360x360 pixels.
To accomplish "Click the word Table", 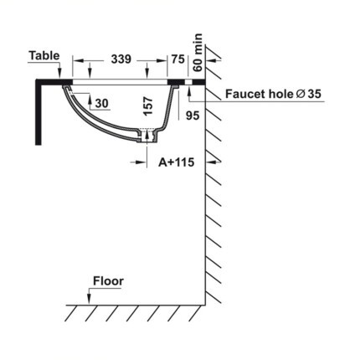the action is [44, 55].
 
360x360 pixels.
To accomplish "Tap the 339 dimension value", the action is [121, 59].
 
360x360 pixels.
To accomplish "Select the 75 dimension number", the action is [178, 59].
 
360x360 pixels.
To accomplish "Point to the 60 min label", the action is [198, 53].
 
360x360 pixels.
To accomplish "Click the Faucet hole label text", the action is [259, 94].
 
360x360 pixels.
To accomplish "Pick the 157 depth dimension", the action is [148, 106].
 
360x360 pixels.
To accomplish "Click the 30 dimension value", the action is [102, 103].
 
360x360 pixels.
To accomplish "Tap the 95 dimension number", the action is [193, 116].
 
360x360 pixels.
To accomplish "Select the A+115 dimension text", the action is [177, 162].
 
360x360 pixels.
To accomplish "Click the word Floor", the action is [108, 281].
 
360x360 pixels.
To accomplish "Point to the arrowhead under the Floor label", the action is [89, 299].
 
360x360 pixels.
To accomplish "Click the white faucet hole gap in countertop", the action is [189, 82].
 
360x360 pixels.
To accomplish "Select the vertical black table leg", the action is [39, 112].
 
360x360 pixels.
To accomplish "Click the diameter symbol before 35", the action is [301, 94].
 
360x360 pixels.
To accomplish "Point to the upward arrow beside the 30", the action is [90, 102].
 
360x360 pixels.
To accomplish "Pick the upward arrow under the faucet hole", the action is [189, 90].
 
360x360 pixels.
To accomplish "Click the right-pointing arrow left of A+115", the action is [138, 162].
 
